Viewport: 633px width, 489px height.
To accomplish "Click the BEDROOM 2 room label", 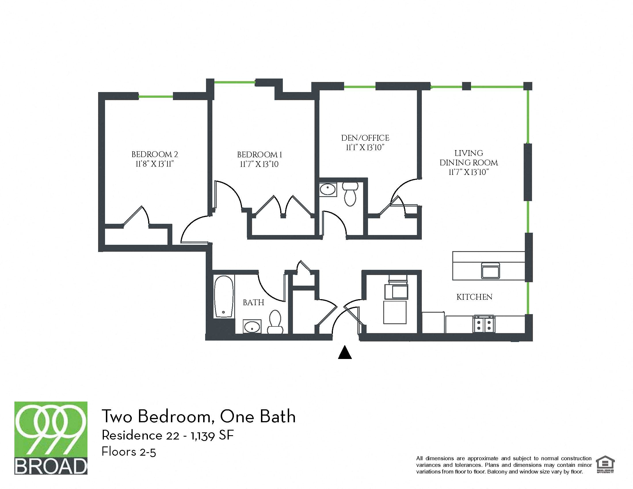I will pos(155,154).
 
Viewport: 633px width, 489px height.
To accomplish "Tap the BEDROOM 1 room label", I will pos(260,155).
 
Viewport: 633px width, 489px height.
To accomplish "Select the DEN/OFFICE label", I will pos(365,138).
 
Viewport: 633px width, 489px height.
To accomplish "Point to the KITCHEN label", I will pos(474,297).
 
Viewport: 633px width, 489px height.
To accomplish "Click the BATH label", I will pos(253,302).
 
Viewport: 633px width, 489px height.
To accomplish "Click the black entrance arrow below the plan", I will pos(345,353).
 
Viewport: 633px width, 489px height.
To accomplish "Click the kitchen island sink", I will pos(490,271).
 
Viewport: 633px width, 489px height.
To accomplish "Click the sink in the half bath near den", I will pos(328,190).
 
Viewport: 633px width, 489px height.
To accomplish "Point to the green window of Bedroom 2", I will pos(156,96).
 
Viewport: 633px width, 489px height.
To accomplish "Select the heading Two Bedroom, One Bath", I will pos(198,416).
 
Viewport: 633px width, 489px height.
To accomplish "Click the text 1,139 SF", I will pos(212,435).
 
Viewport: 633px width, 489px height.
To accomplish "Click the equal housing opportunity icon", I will pos(605,465).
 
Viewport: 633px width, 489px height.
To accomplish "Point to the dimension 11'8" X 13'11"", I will pos(155,164).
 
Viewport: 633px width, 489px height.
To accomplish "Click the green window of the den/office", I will pos(359,87).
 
